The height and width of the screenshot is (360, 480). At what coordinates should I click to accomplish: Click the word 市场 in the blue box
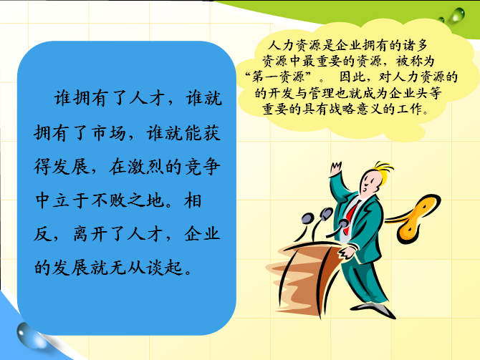point(109,134)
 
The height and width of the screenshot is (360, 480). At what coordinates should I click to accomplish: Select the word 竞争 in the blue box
point(202,167)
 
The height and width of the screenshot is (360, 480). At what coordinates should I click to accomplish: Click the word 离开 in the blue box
point(90,234)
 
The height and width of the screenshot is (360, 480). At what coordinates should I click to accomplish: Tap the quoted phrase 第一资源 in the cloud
point(278,77)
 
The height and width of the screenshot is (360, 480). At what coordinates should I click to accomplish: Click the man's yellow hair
point(383,172)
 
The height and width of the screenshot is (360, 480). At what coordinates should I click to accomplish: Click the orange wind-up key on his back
point(416,218)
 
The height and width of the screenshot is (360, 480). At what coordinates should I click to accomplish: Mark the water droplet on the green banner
point(457,14)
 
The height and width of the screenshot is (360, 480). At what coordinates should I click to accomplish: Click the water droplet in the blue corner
point(30,336)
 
